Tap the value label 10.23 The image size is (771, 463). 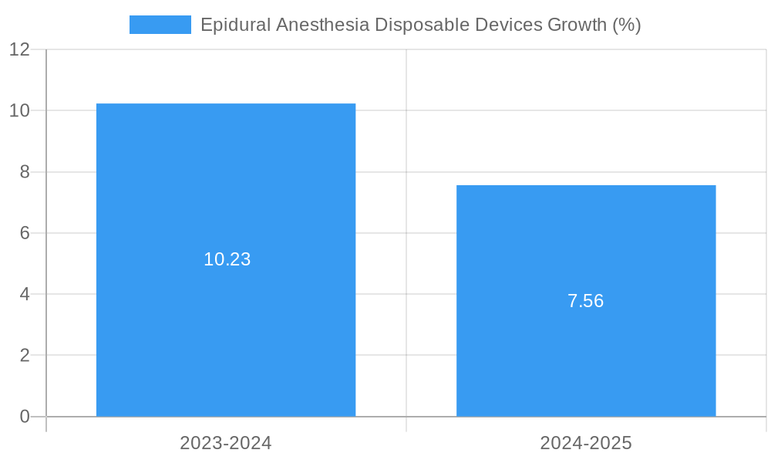tap(227, 259)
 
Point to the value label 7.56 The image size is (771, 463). tap(585, 301)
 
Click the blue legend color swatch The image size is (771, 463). tap(160, 25)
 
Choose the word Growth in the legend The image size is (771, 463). tap(577, 25)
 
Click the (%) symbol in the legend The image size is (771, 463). tap(627, 25)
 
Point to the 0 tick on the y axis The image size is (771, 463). tap(25, 417)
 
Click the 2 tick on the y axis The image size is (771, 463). tap(25, 356)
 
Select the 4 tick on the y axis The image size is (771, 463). tap(25, 294)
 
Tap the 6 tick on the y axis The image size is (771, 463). tap(25, 233)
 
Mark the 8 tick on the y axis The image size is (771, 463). tap(25, 172)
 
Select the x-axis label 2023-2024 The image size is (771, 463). tap(226, 443)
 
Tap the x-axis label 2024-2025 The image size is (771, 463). tap(586, 443)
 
